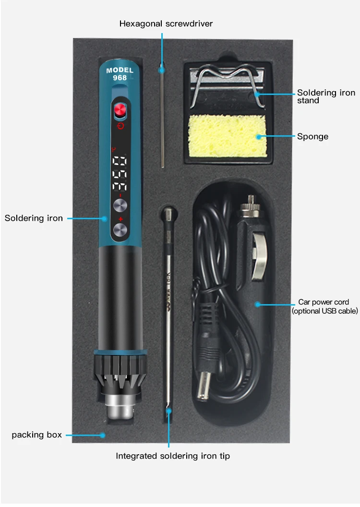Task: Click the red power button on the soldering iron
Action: coord(120,111)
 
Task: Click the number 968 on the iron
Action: coord(120,78)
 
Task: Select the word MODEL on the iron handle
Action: coord(120,71)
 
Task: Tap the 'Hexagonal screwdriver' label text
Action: coord(166,24)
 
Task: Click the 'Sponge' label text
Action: coord(312,137)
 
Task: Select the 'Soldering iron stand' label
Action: coord(326,96)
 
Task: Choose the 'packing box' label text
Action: coord(37,435)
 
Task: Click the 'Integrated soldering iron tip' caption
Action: coord(173,456)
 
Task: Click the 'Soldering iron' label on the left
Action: coord(34,218)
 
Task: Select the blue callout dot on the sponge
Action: coord(258,137)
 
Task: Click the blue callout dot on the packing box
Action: coord(102,435)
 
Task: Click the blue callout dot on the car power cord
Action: coord(258,304)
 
